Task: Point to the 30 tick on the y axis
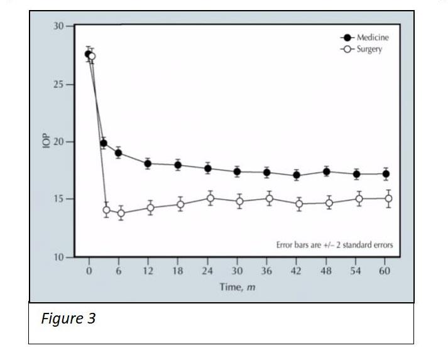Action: (x=58, y=26)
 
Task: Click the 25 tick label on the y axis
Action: (x=58, y=84)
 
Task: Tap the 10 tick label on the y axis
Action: (x=58, y=257)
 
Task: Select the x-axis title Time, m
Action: (x=237, y=287)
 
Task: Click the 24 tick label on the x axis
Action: (x=207, y=271)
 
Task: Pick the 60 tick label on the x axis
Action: (x=385, y=271)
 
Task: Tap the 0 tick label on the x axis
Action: (x=89, y=271)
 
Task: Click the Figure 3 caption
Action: (x=68, y=319)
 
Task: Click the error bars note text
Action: (x=334, y=245)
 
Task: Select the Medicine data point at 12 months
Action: (x=148, y=164)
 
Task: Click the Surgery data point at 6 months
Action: (x=121, y=214)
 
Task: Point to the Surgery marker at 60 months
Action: (x=388, y=199)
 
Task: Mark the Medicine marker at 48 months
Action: (x=327, y=172)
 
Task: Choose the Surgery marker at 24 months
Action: (x=210, y=199)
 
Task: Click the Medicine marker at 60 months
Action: (x=386, y=174)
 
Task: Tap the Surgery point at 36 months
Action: (x=269, y=199)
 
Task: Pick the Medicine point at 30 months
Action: (x=237, y=172)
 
